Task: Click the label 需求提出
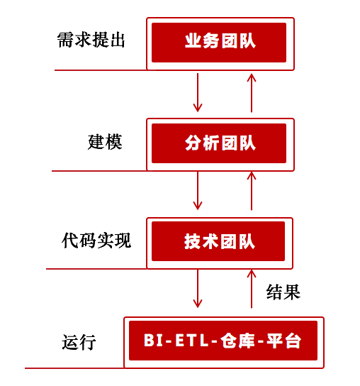point(91,40)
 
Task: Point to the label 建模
point(105,142)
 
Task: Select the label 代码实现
point(96,241)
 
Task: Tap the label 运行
point(79,342)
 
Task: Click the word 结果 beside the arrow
point(283,292)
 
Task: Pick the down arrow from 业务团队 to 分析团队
point(198,92)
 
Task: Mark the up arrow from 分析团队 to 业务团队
point(252,92)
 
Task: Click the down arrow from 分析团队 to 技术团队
point(198,191)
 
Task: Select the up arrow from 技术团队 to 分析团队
point(252,191)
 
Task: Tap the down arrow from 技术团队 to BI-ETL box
point(198,289)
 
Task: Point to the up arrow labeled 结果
point(252,289)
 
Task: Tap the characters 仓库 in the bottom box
point(237,341)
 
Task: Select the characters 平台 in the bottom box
point(283,341)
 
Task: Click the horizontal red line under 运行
point(74,368)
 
